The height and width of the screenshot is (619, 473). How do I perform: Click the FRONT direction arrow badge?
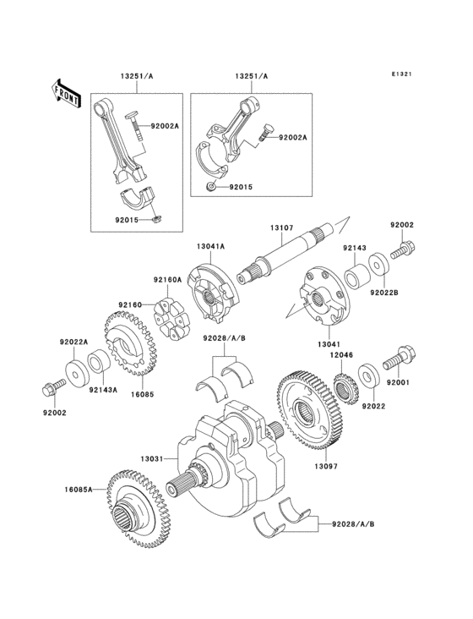(x=66, y=92)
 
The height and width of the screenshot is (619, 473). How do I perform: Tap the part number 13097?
(x=326, y=464)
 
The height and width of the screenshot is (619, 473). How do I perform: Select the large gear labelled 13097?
(x=307, y=413)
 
